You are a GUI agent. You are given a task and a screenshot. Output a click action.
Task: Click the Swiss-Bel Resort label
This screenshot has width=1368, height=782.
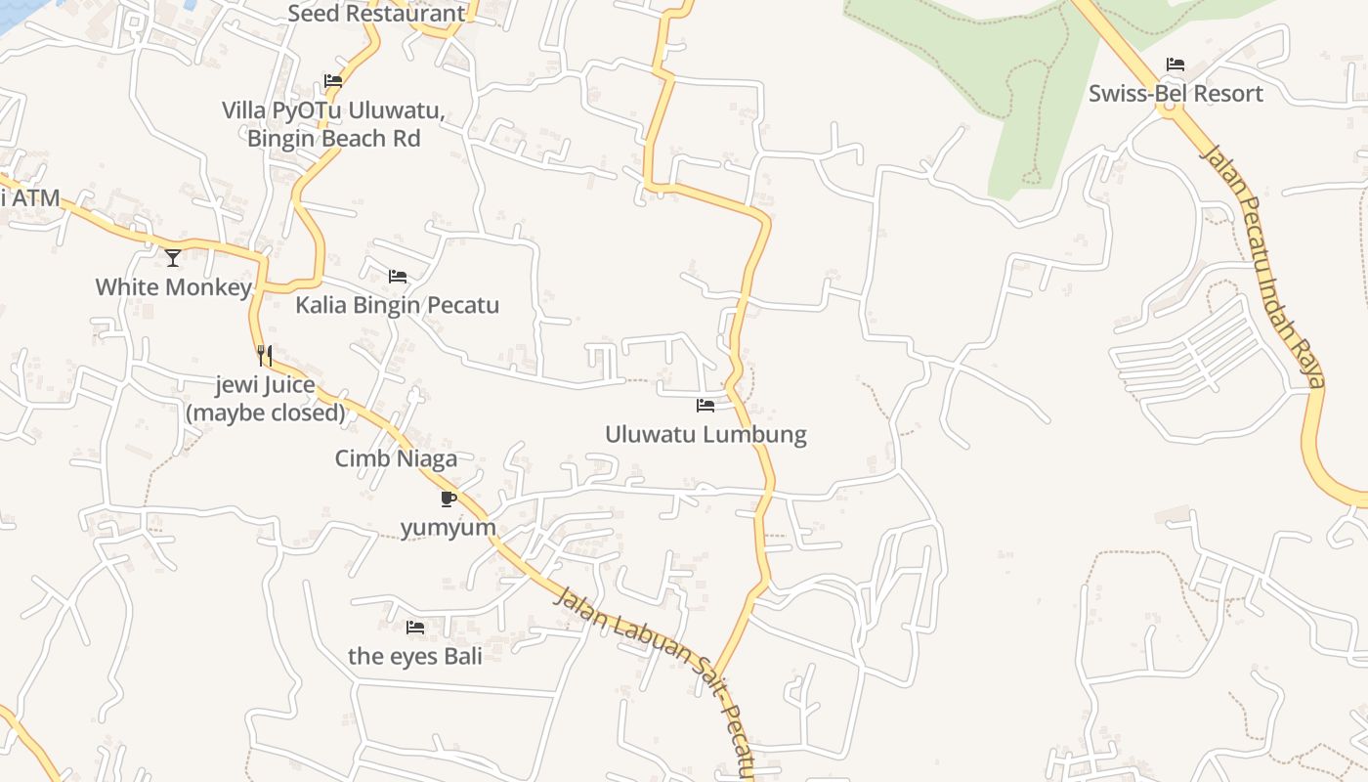coord(1176,94)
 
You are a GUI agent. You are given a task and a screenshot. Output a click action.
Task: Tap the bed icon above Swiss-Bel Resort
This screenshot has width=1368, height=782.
coord(1176,65)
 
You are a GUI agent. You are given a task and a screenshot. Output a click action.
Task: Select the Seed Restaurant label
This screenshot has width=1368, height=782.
coord(376,14)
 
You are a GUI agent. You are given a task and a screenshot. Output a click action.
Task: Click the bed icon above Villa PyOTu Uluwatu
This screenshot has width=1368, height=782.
coord(333,81)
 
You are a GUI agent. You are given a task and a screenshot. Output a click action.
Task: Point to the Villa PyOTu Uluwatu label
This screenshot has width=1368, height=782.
coord(333,124)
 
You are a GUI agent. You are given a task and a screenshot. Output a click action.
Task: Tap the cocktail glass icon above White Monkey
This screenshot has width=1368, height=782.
coord(173,258)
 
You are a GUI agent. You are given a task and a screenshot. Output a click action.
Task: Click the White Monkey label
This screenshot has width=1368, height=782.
coord(173,287)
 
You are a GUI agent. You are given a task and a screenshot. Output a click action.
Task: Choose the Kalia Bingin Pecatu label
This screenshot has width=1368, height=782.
coord(397,305)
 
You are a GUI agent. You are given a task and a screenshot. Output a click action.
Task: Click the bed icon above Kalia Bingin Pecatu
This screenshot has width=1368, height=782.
coord(398,277)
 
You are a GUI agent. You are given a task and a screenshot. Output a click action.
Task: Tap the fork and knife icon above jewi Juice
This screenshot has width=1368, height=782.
coord(265,355)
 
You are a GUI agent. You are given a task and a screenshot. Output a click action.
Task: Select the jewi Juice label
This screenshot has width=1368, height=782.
coord(266,398)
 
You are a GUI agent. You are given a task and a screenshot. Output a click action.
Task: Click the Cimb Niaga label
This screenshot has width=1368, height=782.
coord(396,458)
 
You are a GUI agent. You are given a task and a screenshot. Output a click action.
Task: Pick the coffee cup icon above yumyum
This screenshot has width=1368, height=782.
coord(449,500)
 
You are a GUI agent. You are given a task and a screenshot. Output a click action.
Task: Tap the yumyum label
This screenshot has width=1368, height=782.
coord(449,528)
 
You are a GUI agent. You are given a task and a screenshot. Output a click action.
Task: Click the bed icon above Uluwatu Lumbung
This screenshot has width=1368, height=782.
coord(705,406)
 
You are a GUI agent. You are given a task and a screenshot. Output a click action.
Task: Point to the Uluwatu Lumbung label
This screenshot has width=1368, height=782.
coord(705,434)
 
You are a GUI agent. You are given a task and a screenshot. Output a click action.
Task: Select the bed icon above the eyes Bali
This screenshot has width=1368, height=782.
coord(415,628)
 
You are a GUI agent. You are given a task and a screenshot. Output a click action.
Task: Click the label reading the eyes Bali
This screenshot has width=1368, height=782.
coord(415,656)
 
